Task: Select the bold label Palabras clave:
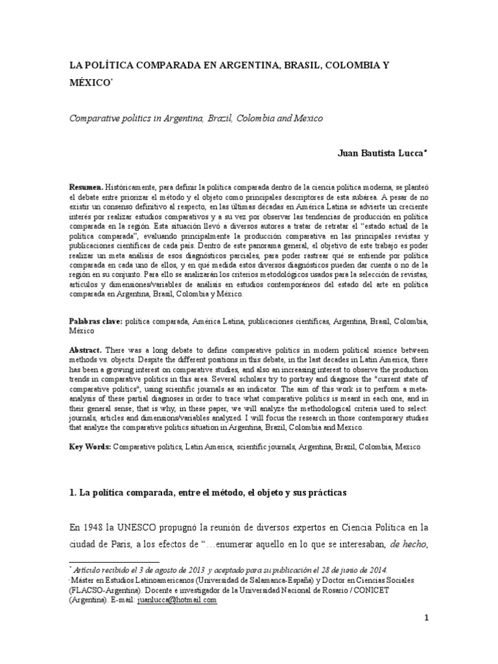point(95,321)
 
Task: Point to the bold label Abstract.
point(86,348)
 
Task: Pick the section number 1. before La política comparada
point(73,493)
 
